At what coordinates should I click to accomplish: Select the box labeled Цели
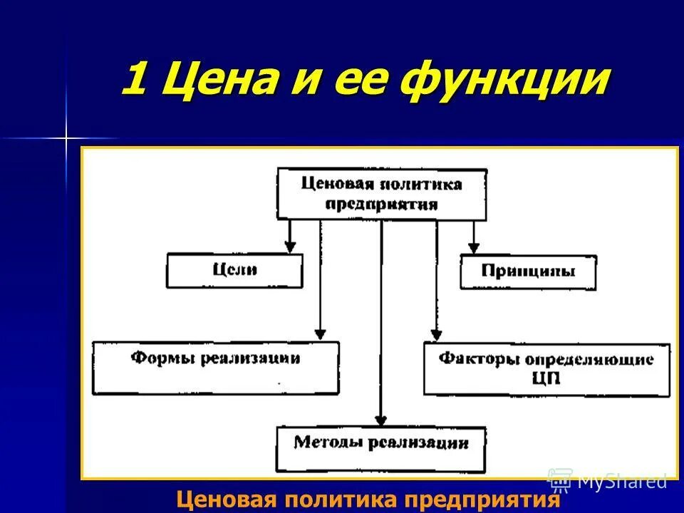coord(234,271)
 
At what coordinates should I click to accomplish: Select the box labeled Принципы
coord(528,272)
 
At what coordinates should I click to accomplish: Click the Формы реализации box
coord(215,368)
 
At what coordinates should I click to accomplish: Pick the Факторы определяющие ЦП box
coord(546,368)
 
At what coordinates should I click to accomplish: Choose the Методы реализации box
coord(380,449)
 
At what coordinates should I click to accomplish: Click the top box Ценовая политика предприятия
coord(381,194)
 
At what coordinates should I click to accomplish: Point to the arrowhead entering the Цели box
coord(289,247)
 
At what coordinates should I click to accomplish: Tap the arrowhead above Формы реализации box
coord(321,333)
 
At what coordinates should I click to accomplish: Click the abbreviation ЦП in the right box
coord(546,378)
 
